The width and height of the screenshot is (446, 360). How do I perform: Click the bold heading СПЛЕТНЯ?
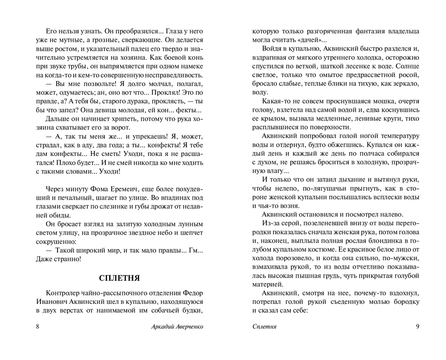coord(119,278)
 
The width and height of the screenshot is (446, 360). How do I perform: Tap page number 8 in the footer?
coord(37,326)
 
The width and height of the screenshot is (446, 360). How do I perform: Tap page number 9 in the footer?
coord(417,326)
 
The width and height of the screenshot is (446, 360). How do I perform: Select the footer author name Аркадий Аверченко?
coord(178,326)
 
